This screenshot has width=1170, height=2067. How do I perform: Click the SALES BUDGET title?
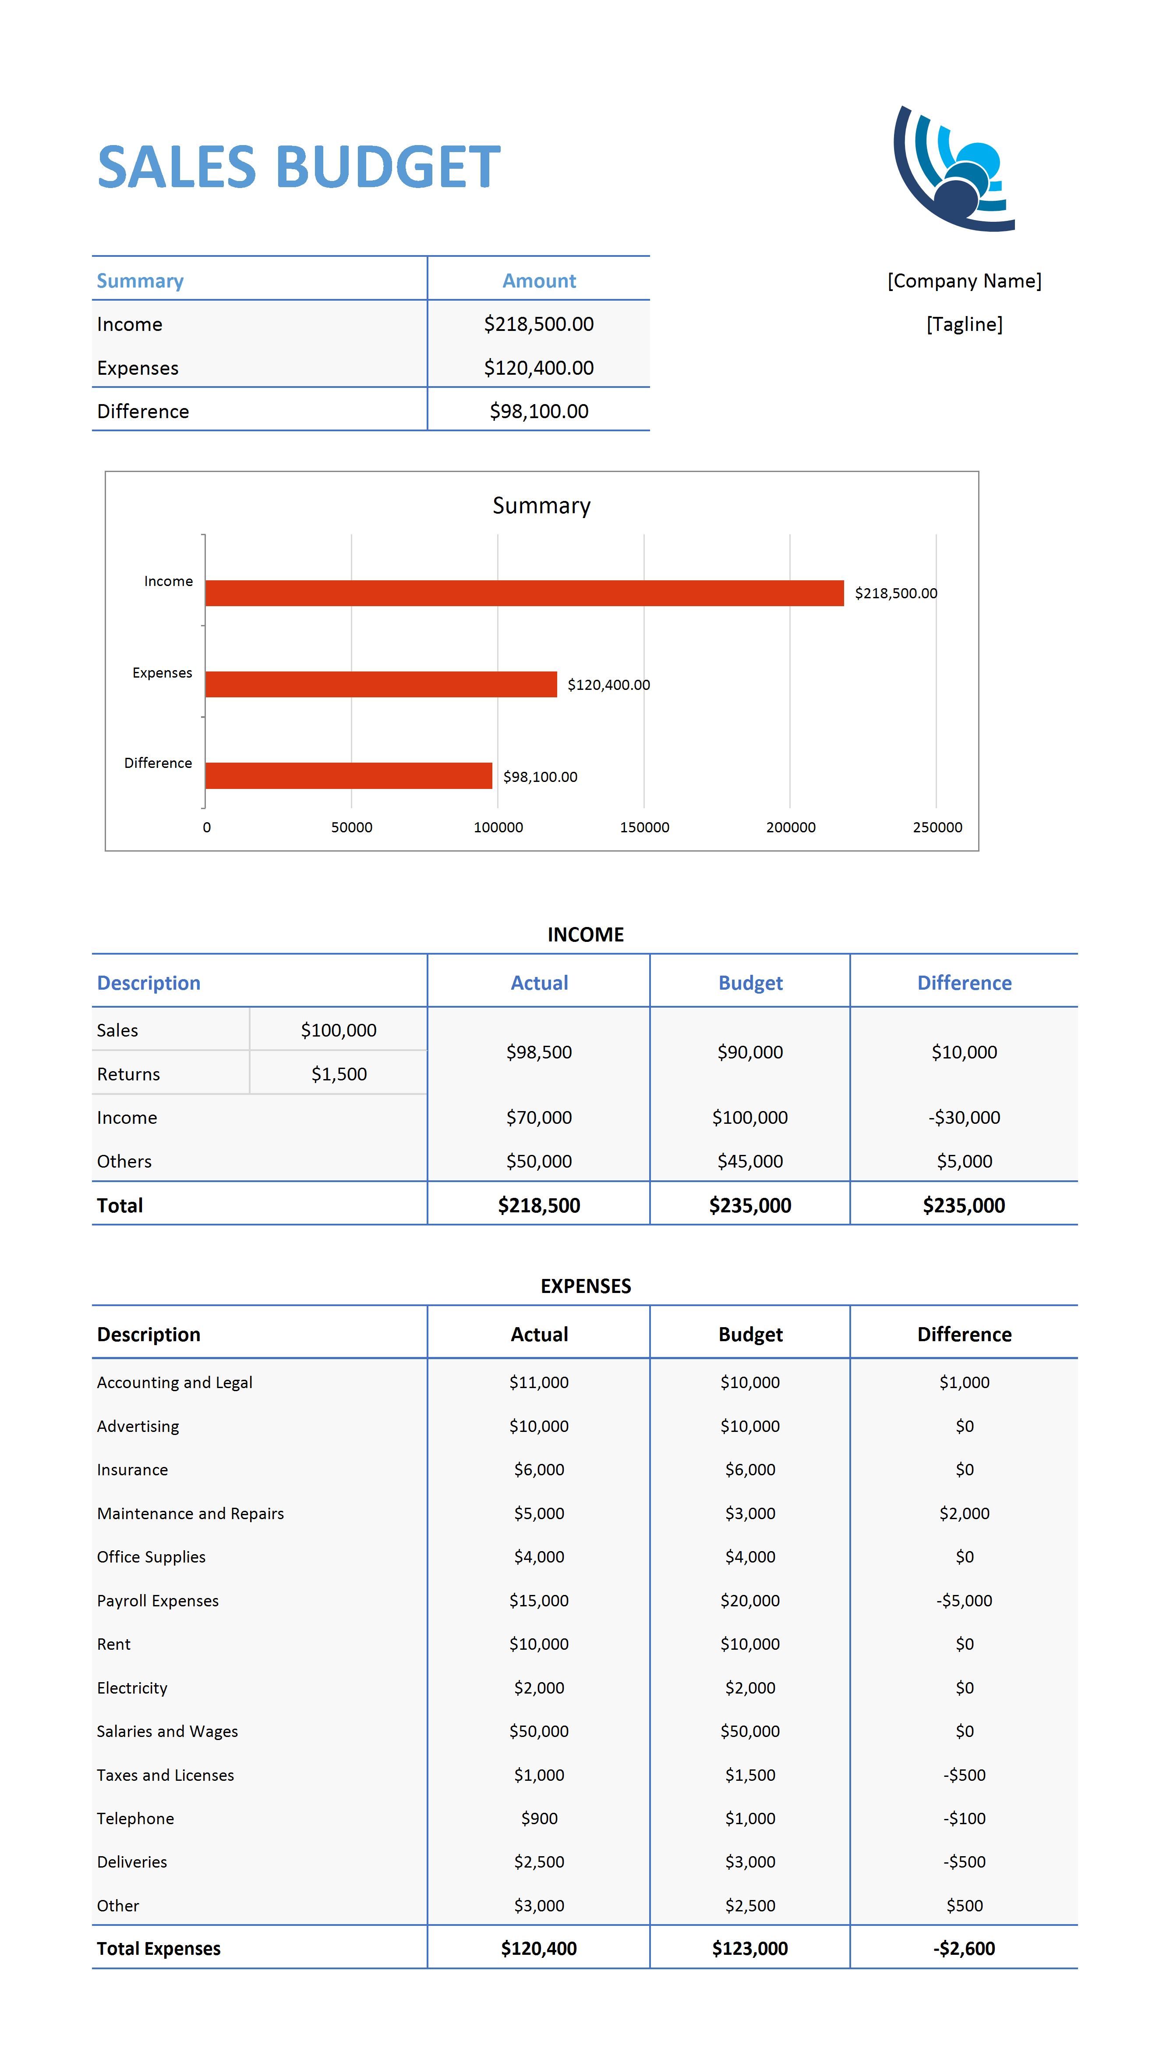tap(299, 167)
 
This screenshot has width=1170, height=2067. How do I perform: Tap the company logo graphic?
tap(954, 169)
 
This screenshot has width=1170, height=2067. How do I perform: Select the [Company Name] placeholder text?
tap(964, 281)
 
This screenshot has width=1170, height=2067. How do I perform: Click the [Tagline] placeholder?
tap(964, 324)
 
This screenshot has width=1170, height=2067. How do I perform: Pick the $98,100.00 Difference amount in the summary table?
tap(539, 411)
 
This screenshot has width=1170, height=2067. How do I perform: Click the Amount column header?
tap(539, 281)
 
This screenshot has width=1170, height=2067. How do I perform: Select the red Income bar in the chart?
tap(525, 593)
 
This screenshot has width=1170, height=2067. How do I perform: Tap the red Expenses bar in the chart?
tap(381, 684)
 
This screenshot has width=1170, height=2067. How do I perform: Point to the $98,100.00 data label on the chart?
tap(540, 777)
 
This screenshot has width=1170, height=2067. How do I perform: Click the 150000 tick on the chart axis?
tap(644, 828)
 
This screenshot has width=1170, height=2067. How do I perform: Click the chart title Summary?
tap(541, 506)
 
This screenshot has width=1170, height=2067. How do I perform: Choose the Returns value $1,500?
tap(339, 1074)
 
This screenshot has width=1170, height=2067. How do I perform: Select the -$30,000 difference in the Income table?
tap(964, 1118)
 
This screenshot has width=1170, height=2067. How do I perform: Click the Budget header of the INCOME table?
tap(750, 983)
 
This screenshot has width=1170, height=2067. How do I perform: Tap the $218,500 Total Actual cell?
tap(539, 1205)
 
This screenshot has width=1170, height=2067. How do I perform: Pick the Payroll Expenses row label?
tap(158, 1601)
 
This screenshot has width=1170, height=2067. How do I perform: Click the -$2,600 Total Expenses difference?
tap(964, 1949)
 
